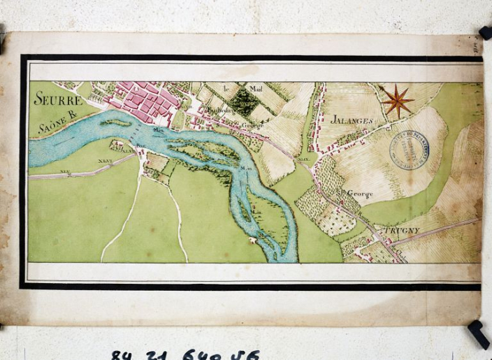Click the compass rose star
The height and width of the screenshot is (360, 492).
coord(398,101)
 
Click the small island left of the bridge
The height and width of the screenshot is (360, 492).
coord(116,123)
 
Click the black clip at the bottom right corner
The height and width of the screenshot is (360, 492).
coord(479,333)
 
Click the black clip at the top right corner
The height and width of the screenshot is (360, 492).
coord(485,32)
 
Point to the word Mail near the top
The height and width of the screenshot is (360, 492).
coord(254,89)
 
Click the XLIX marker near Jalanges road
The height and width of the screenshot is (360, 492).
coord(303,160)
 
